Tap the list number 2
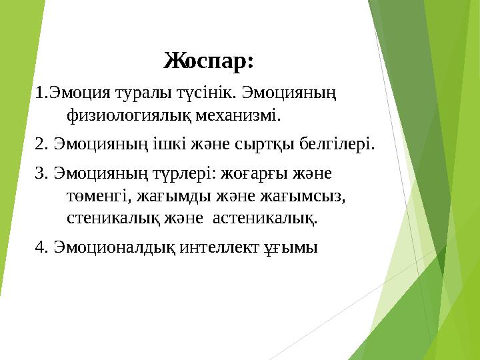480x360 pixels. coord(40,143)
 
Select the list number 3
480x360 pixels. coord(40,173)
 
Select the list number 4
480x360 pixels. coord(40,247)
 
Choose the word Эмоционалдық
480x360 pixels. coord(113,247)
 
